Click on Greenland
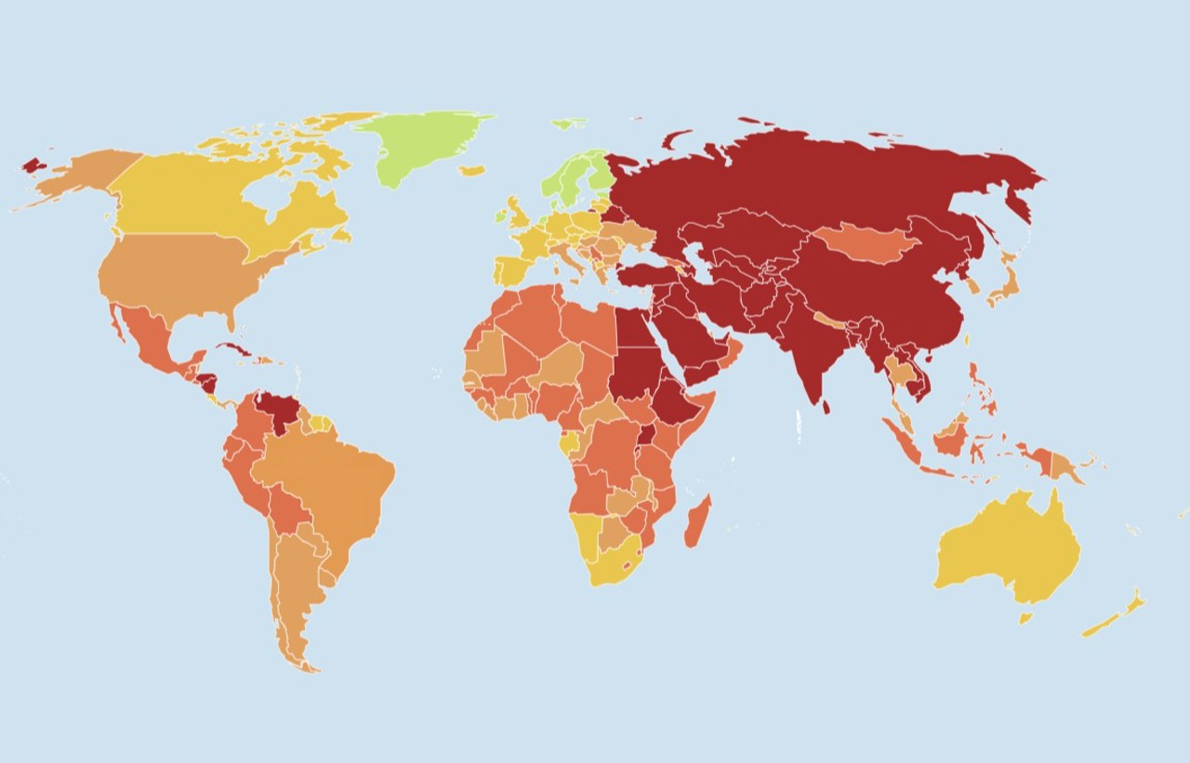[423, 144]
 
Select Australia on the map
[1009, 548]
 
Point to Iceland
[472, 171]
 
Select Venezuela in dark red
[276, 409]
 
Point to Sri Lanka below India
[826, 406]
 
